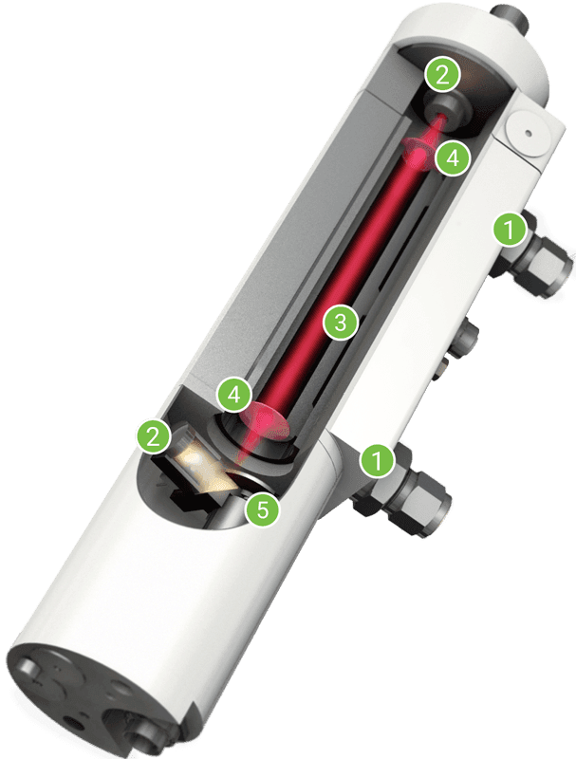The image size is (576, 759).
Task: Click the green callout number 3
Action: [341, 322]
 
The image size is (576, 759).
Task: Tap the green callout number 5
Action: [262, 509]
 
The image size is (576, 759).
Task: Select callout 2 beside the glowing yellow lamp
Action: [154, 438]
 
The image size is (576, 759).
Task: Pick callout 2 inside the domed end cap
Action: [442, 76]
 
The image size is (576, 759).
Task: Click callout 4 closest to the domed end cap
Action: [453, 157]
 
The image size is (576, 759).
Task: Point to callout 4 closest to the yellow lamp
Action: [233, 396]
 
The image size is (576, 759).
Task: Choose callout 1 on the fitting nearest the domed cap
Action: [510, 230]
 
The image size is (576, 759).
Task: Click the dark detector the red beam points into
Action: [442, 109]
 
